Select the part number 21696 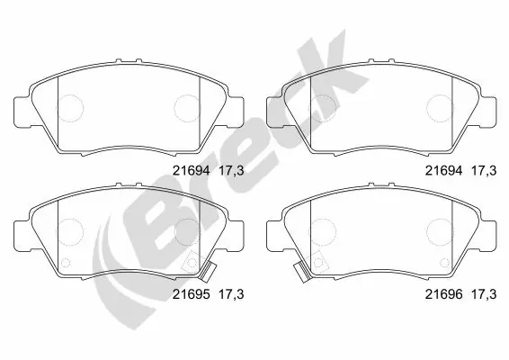click(442, 293)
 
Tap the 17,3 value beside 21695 click(231, 293)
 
